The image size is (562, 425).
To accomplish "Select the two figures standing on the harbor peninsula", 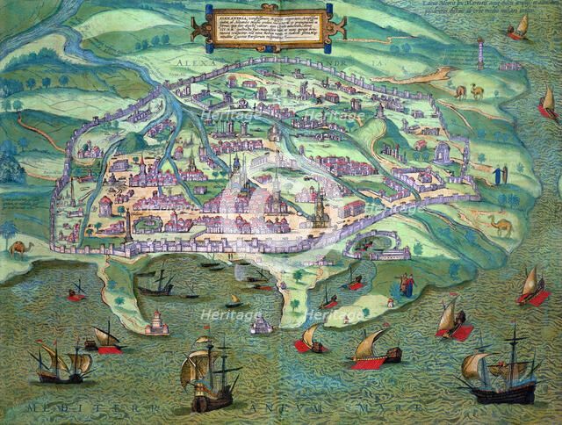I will point(406,283).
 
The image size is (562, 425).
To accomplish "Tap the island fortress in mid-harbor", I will point(262,326).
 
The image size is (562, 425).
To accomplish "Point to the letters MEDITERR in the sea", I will point(70,409).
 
